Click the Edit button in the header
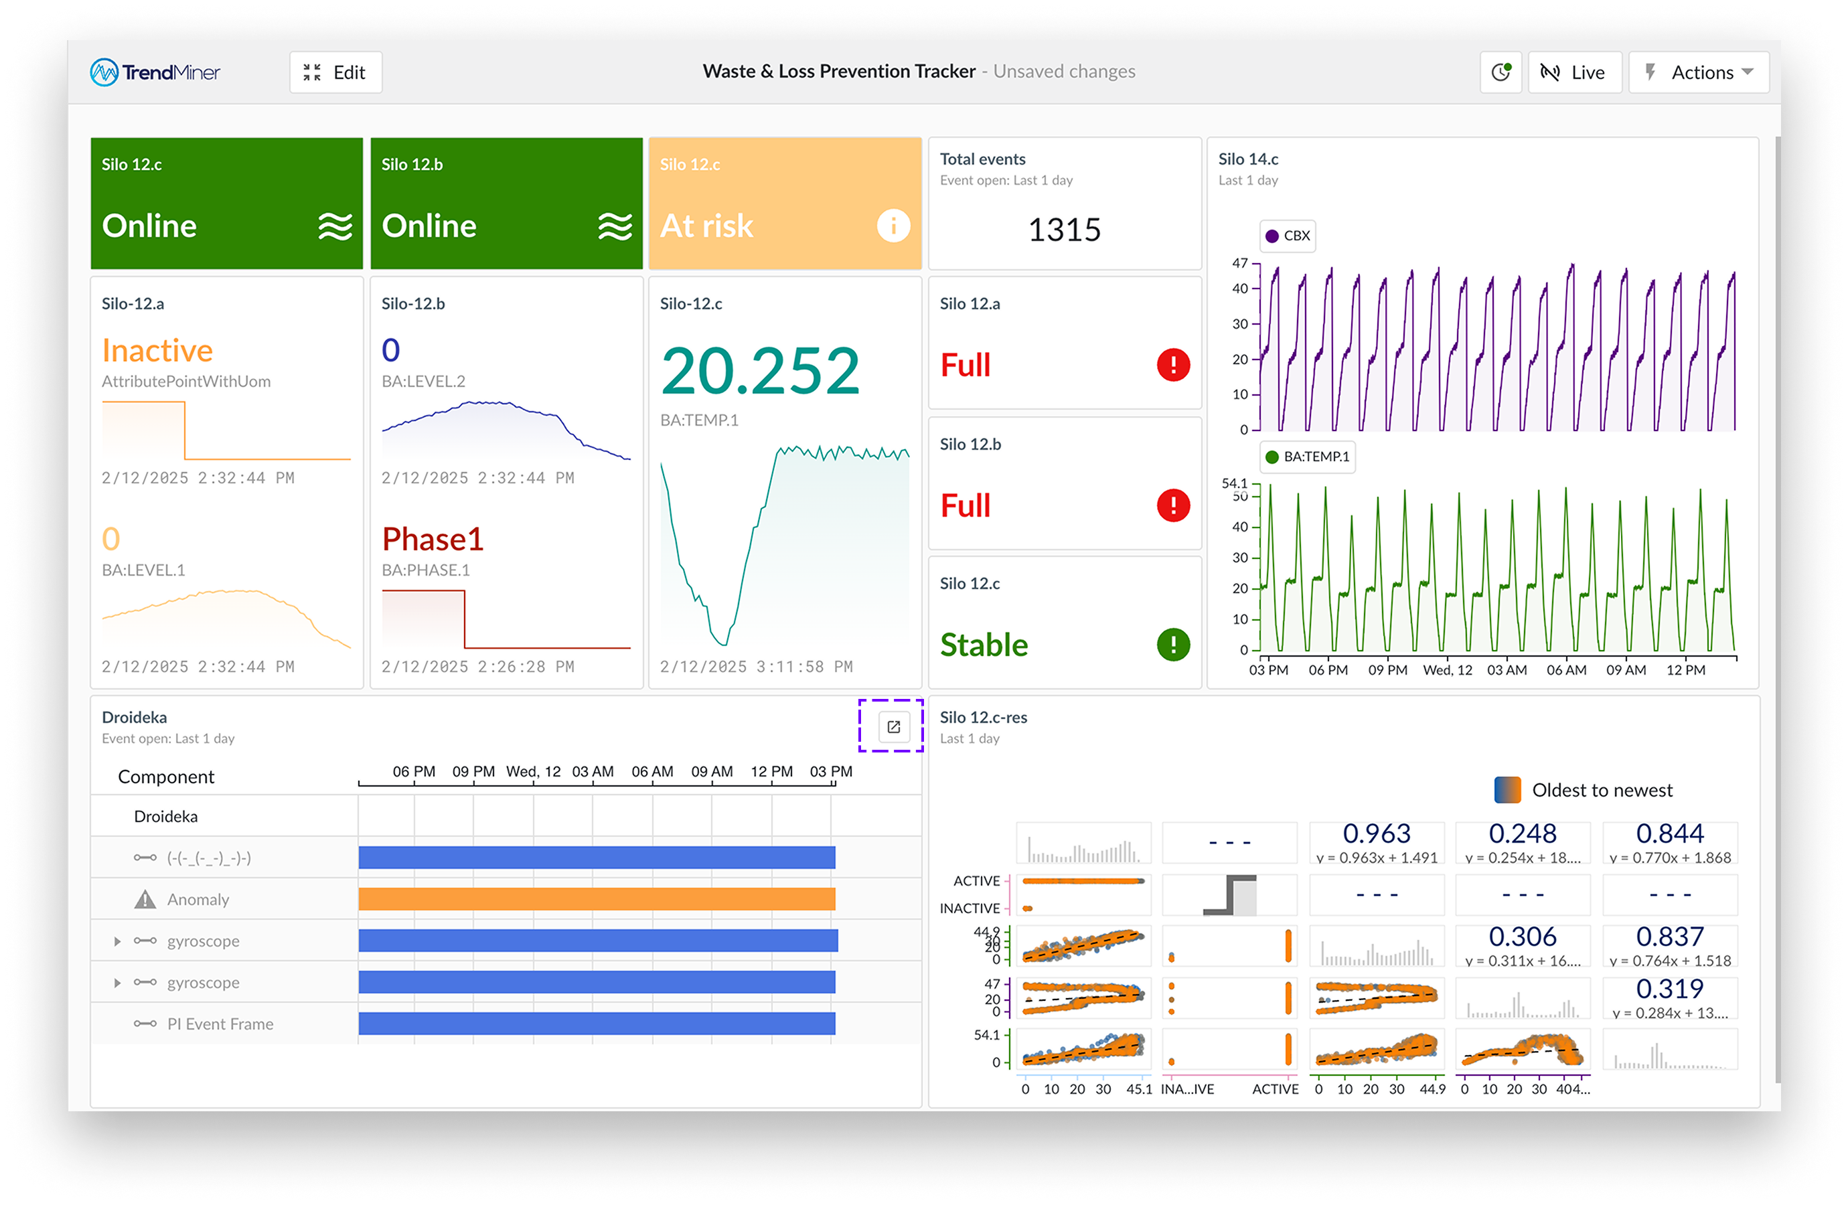[335, 72]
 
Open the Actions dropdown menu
[1698, 72]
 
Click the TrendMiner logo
[155, 72]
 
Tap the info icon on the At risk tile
[893, 226]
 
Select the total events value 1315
[1064, 230]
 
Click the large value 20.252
[760, 371]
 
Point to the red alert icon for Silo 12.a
[1172, 365]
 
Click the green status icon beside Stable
[1172, 645]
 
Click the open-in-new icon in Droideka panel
[893, 727]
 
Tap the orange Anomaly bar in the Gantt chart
[597, 899]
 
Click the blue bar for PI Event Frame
[597, 1024]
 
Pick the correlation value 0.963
[1376, 833]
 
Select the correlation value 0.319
[1669, 988]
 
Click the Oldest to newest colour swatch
[1507, 790]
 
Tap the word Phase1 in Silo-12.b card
[433, 539]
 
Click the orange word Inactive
[157, 351]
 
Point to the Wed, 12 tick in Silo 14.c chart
[1448, 670]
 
